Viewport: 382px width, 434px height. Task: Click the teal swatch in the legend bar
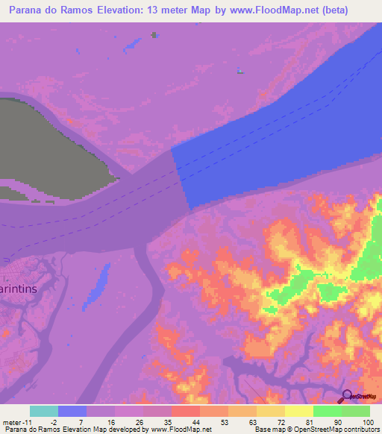point(44,411)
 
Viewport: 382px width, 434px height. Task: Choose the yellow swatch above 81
point(298,411)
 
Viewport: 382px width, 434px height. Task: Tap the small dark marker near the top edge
point(154,34)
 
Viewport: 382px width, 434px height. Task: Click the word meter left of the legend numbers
point(13,421)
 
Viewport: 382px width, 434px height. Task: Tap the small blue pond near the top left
point(134,45)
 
